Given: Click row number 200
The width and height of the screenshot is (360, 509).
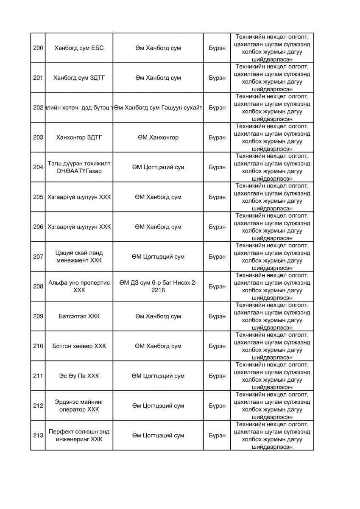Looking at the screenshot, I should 38,48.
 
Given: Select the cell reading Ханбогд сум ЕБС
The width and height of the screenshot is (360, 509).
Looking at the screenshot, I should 79,48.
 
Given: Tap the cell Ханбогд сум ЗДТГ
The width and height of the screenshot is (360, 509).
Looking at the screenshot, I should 79,78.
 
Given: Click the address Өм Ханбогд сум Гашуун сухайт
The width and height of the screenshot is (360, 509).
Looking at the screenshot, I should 158,108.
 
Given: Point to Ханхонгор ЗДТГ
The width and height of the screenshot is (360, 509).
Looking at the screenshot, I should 79,137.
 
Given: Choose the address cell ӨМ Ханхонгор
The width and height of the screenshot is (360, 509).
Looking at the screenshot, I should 158,137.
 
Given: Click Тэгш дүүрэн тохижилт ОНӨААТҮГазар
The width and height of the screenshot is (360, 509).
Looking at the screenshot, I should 79,167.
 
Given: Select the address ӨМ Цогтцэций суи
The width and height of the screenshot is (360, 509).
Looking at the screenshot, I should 158,167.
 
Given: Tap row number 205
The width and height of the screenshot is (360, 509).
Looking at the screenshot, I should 38,197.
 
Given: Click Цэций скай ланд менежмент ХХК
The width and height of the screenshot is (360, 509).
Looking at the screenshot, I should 79,257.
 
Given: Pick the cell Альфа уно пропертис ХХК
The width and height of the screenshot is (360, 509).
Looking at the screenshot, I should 79,286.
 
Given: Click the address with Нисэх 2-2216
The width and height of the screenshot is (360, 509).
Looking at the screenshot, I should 158,286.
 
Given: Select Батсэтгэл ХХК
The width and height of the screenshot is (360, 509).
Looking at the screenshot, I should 79,316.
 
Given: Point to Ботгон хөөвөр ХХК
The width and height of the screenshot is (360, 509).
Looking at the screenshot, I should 79,346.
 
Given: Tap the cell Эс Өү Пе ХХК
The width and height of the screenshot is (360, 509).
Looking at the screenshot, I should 79,376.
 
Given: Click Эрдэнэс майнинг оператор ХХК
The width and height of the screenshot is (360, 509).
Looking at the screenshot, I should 79,406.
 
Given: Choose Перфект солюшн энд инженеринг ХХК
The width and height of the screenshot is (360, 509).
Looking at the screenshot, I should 79,436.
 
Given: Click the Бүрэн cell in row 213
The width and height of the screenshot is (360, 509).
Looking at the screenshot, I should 217,436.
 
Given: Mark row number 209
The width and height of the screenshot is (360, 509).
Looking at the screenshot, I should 38,316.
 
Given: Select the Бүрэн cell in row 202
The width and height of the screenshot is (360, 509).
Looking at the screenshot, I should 217,108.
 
